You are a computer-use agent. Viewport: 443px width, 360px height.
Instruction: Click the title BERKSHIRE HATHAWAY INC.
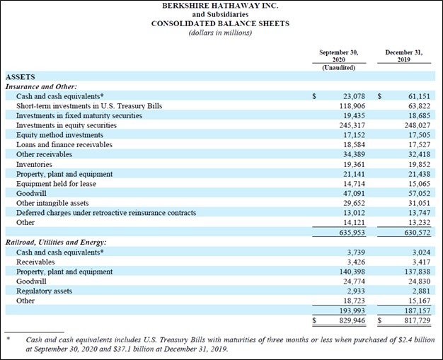pos(220,6)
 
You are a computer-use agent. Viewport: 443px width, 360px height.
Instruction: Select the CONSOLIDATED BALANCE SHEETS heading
pos(220,23)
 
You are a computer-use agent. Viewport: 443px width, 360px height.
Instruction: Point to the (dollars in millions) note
pos(220,33)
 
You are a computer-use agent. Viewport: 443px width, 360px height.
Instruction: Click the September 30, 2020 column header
pos(339,56)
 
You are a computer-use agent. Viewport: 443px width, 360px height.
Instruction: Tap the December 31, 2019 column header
pos(404,56)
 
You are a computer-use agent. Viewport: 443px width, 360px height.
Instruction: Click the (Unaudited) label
pos(339,68)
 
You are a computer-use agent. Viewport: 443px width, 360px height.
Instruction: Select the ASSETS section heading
pos(21,77)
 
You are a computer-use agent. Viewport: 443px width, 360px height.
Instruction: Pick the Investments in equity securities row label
pos(67,125)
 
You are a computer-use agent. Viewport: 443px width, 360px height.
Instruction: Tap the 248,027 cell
pos(418,125)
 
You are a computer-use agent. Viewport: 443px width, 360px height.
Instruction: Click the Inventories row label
pos(34,164)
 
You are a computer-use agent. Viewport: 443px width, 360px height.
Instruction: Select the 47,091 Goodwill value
pos(354,193)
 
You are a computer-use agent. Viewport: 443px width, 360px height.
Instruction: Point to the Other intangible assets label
pos(52,203)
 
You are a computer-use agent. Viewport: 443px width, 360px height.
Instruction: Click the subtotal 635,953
pos(352,233)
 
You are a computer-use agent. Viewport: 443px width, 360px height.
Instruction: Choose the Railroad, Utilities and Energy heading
pos(56,243)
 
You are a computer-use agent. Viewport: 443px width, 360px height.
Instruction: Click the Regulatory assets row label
pos(44,291)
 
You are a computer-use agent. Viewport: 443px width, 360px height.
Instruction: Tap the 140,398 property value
pos(352,272)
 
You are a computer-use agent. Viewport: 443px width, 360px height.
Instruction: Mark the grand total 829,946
pos(352,320)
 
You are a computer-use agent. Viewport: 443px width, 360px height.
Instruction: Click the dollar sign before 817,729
pos(380,320)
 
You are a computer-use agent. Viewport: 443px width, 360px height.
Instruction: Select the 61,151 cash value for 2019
pos(419,96)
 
